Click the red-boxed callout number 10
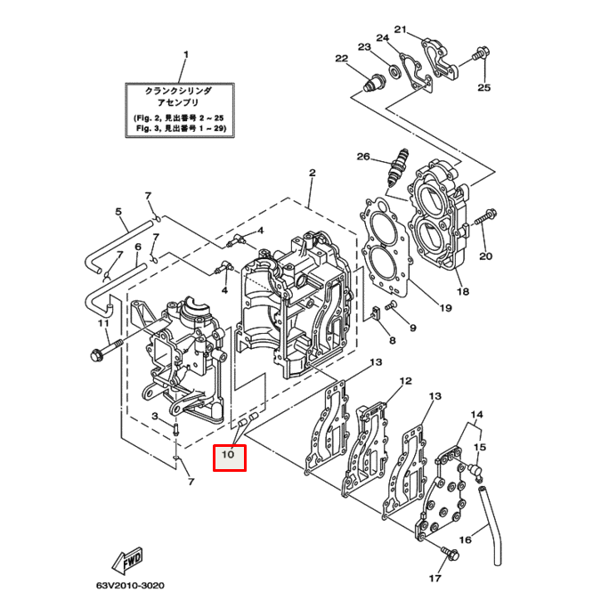[228, 455]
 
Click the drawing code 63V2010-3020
[131, 587]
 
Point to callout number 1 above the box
[186, 54]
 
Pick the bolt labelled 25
[478, 54]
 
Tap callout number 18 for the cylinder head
[461, 291]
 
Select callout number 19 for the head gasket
[445, 309]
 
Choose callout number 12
[405, 381]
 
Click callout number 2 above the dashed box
[313, 172]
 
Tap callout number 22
[340, 59]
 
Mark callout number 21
[400, 30]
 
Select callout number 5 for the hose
[118, 212]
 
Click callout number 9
[412, 328]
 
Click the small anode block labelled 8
[376, 311]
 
